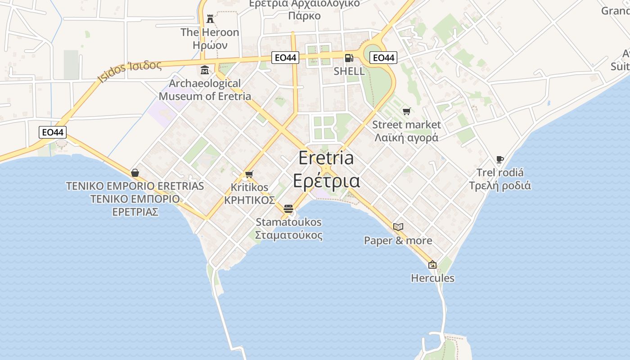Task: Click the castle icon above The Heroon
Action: tap(210, 19)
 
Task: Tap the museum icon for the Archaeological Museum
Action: tap(205, 70)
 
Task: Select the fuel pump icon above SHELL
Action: tap(349, 58)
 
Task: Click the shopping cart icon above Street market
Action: tap(407, 111)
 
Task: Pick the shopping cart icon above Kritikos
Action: tap(249, 174)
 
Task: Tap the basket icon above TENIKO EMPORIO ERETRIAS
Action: tap(135, 173)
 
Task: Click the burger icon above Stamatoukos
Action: tap(288, 209)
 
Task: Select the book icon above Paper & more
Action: tap(398, 227)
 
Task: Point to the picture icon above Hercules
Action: tap(432, 265)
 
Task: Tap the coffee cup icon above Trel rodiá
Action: tap(499, 159)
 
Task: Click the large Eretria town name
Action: tap(326, 158)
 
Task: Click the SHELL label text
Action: tap(349, 71)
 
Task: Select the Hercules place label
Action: tap(432, 278)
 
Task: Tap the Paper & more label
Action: tap(398, 241)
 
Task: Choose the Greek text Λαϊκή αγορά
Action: tap(406, 138)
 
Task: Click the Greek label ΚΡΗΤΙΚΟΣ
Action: tap(249, 200)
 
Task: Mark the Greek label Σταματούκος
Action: tap(288, 235)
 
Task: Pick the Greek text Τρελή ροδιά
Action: tap(500, 185)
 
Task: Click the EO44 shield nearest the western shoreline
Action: tap(53, 132)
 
